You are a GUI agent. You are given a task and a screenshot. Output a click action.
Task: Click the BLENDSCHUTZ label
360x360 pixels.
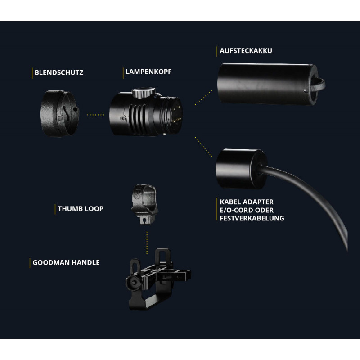click(x=59, y=72)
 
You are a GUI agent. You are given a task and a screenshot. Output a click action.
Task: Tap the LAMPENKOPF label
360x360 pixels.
click(x=148, y=72)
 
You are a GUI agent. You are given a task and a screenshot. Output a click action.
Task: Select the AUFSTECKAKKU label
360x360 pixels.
click(x=246, y=51)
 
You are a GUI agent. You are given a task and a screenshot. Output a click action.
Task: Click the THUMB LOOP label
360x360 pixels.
click(x=81, y=209)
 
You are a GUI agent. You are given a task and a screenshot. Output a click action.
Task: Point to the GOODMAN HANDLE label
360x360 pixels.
click(x=66, y=262)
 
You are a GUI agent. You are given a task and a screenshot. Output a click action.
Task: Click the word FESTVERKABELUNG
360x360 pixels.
click(x=252, y=218)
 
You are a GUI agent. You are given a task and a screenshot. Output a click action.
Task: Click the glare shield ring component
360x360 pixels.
click(x=60, y=113)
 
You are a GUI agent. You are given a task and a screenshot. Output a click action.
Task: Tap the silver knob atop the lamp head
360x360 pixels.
click(x=144, y=93)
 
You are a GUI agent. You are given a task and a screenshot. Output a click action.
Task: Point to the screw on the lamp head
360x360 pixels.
click(x=123, y=119)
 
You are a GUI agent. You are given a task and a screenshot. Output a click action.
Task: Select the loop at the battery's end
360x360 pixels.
click(x=319, y=85)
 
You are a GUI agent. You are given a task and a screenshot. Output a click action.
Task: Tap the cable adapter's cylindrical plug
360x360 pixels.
click(x=241, y=169)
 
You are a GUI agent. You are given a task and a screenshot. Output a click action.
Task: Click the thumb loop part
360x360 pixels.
click(x=144, y=204)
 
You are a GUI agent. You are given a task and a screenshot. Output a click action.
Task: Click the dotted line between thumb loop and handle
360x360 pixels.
click(x=147, y=243)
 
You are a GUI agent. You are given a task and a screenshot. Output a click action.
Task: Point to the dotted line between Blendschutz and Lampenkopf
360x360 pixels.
click(x=95, y=115)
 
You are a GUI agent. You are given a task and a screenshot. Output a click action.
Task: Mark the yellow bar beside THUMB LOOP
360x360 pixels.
click(x=55, y=209)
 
